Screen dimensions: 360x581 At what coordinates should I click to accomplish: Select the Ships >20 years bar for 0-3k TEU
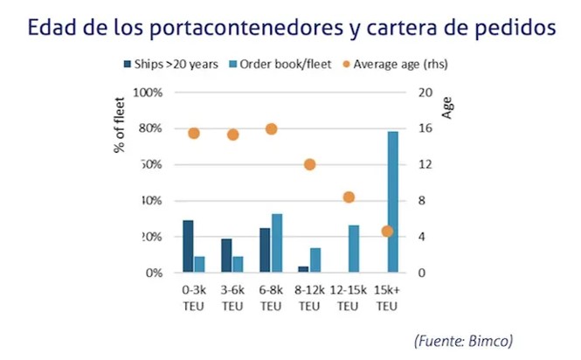(x=188, y=246)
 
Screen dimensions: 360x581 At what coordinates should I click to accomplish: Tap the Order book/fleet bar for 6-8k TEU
(x=277, y=243)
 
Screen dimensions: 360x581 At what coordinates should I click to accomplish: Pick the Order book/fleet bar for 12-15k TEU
(x=354, y=249)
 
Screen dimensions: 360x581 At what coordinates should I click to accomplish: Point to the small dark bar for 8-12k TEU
(x=303, y=269)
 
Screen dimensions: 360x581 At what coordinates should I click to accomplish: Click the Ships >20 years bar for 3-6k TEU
(x=226, y=255)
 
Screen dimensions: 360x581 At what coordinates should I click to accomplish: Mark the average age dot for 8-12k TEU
(x=309, y=164)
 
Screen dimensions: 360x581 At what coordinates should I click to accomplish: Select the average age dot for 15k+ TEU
(x=388, y=232)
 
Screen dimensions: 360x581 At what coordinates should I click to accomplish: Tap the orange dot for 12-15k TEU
(x=349, y=197)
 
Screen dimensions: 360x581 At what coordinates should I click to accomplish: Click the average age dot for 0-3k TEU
(x=194, y=133)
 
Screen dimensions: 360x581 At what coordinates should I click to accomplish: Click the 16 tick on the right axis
(x=425, y=128)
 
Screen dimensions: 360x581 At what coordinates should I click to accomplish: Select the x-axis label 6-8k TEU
(x=270, y=299)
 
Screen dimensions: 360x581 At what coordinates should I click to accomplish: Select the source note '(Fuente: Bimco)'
(x=463, y=339)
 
